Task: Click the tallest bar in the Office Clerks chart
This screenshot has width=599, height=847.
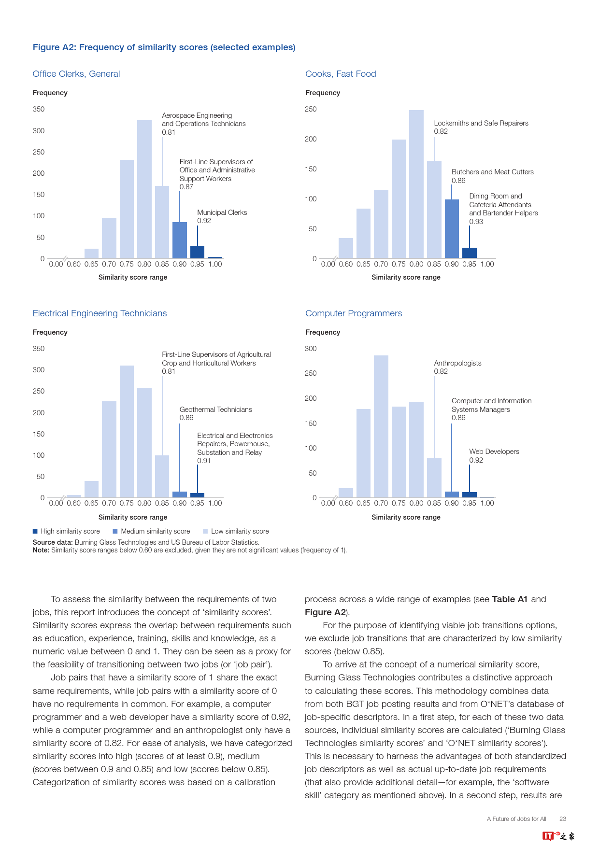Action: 144,189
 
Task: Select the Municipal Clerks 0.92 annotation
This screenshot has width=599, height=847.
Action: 222,216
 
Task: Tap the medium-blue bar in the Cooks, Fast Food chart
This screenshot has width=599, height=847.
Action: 452,228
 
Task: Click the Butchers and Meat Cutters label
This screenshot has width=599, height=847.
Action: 492,172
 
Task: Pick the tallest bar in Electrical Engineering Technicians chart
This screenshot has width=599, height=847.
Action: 127,431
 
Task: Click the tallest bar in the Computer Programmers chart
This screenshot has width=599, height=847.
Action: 381,426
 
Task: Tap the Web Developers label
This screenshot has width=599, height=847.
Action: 494,452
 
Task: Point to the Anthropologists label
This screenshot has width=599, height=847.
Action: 457,363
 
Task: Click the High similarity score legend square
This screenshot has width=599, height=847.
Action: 35,531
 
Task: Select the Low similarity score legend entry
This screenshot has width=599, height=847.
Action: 236,531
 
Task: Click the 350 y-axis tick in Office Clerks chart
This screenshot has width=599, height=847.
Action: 39,109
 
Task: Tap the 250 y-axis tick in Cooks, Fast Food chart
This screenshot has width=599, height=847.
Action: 311,109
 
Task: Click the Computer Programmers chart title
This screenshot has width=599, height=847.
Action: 354,313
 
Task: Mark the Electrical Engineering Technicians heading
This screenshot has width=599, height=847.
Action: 100,313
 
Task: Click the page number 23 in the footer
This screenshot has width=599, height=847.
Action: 563,819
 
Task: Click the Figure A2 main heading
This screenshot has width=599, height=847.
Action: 164,47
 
